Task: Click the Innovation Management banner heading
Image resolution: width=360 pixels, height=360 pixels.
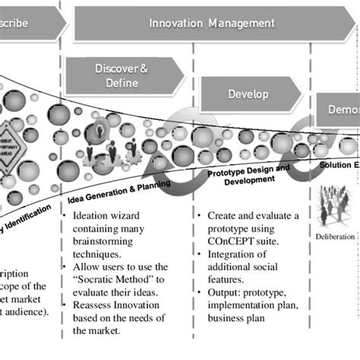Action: (212, 24)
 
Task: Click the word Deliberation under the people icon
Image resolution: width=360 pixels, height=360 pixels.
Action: (335, 236)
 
